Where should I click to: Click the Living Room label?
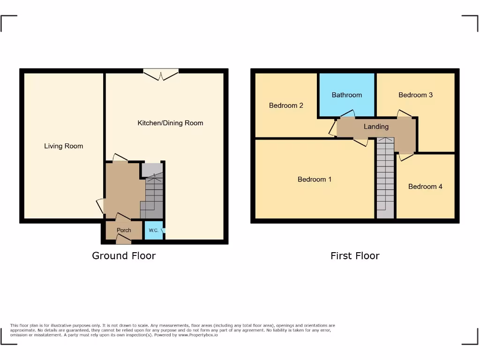[63, 146]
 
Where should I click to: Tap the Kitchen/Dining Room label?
[170, 123]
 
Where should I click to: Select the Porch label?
[124, 230]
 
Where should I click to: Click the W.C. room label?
[153, 231]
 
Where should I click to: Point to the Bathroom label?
[346, 95]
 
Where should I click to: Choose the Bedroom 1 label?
[315, 180]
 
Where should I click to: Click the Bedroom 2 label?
[286, 105]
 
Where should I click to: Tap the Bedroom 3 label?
[415, 95]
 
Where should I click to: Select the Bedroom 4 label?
[425, 187]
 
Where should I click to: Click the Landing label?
[376, 127]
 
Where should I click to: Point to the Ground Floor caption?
[124, 256]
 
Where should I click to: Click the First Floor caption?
[355, 256]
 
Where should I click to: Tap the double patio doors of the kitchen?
[161, 75]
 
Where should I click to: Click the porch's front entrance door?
[124, 240]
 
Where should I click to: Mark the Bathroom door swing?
[347, 114]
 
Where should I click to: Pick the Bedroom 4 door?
[406, 156]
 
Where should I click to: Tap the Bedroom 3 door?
[405, 114]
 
